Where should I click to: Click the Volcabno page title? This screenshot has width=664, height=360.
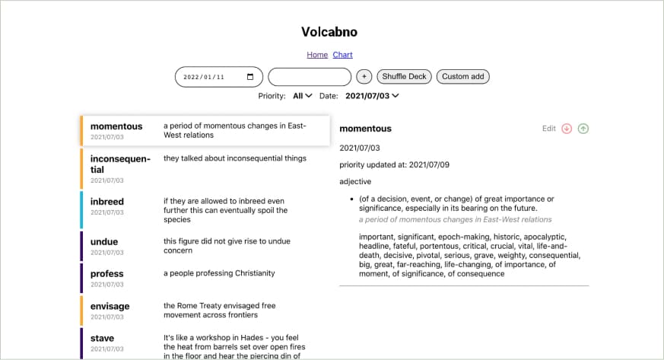329,32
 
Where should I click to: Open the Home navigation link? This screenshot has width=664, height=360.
317,55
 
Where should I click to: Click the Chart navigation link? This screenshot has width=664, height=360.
342,55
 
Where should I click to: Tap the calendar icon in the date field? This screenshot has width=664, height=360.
250,77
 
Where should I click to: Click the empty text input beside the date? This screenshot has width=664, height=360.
310,77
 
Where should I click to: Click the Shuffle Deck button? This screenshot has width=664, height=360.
404,77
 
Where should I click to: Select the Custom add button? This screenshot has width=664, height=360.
462,77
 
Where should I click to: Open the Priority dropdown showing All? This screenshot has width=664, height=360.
303,96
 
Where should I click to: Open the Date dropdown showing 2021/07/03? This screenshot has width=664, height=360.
372,96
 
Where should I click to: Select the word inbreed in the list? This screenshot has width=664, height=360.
107,202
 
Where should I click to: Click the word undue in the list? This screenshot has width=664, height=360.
104,242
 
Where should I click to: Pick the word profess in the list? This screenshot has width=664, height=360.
107,274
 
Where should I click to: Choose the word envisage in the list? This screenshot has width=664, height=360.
110,307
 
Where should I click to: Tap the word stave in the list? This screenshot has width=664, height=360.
103,339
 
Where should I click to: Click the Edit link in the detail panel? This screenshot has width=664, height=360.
549,129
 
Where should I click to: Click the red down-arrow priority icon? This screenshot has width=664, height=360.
567,129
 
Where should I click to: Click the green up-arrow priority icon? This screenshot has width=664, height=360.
583,129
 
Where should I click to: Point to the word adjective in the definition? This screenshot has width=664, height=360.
355,181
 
